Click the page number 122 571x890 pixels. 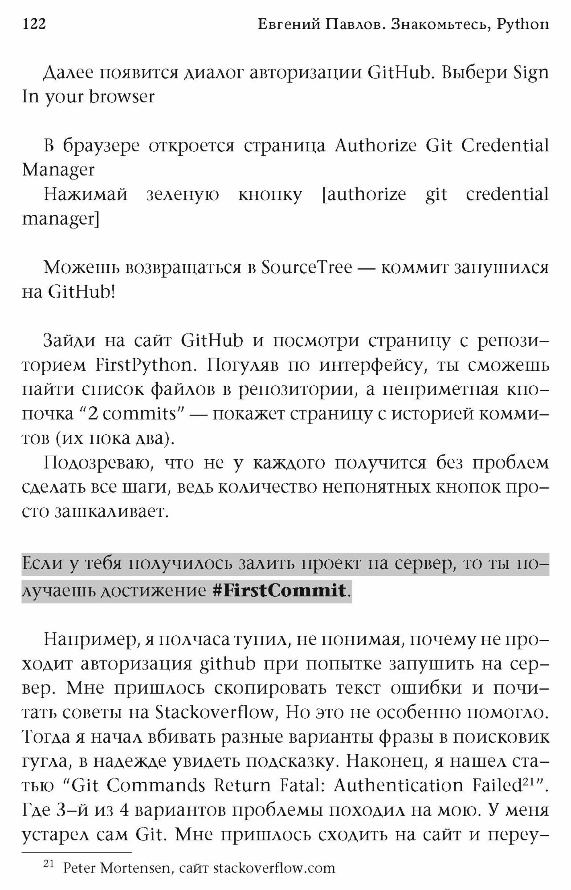point(34,24)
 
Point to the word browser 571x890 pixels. point(122,97)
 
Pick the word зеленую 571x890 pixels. point(183,194)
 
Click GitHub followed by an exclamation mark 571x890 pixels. point(81,292)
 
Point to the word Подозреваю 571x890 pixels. point(98,463)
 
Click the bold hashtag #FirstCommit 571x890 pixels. point(279,591)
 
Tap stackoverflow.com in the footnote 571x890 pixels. point(274,868)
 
